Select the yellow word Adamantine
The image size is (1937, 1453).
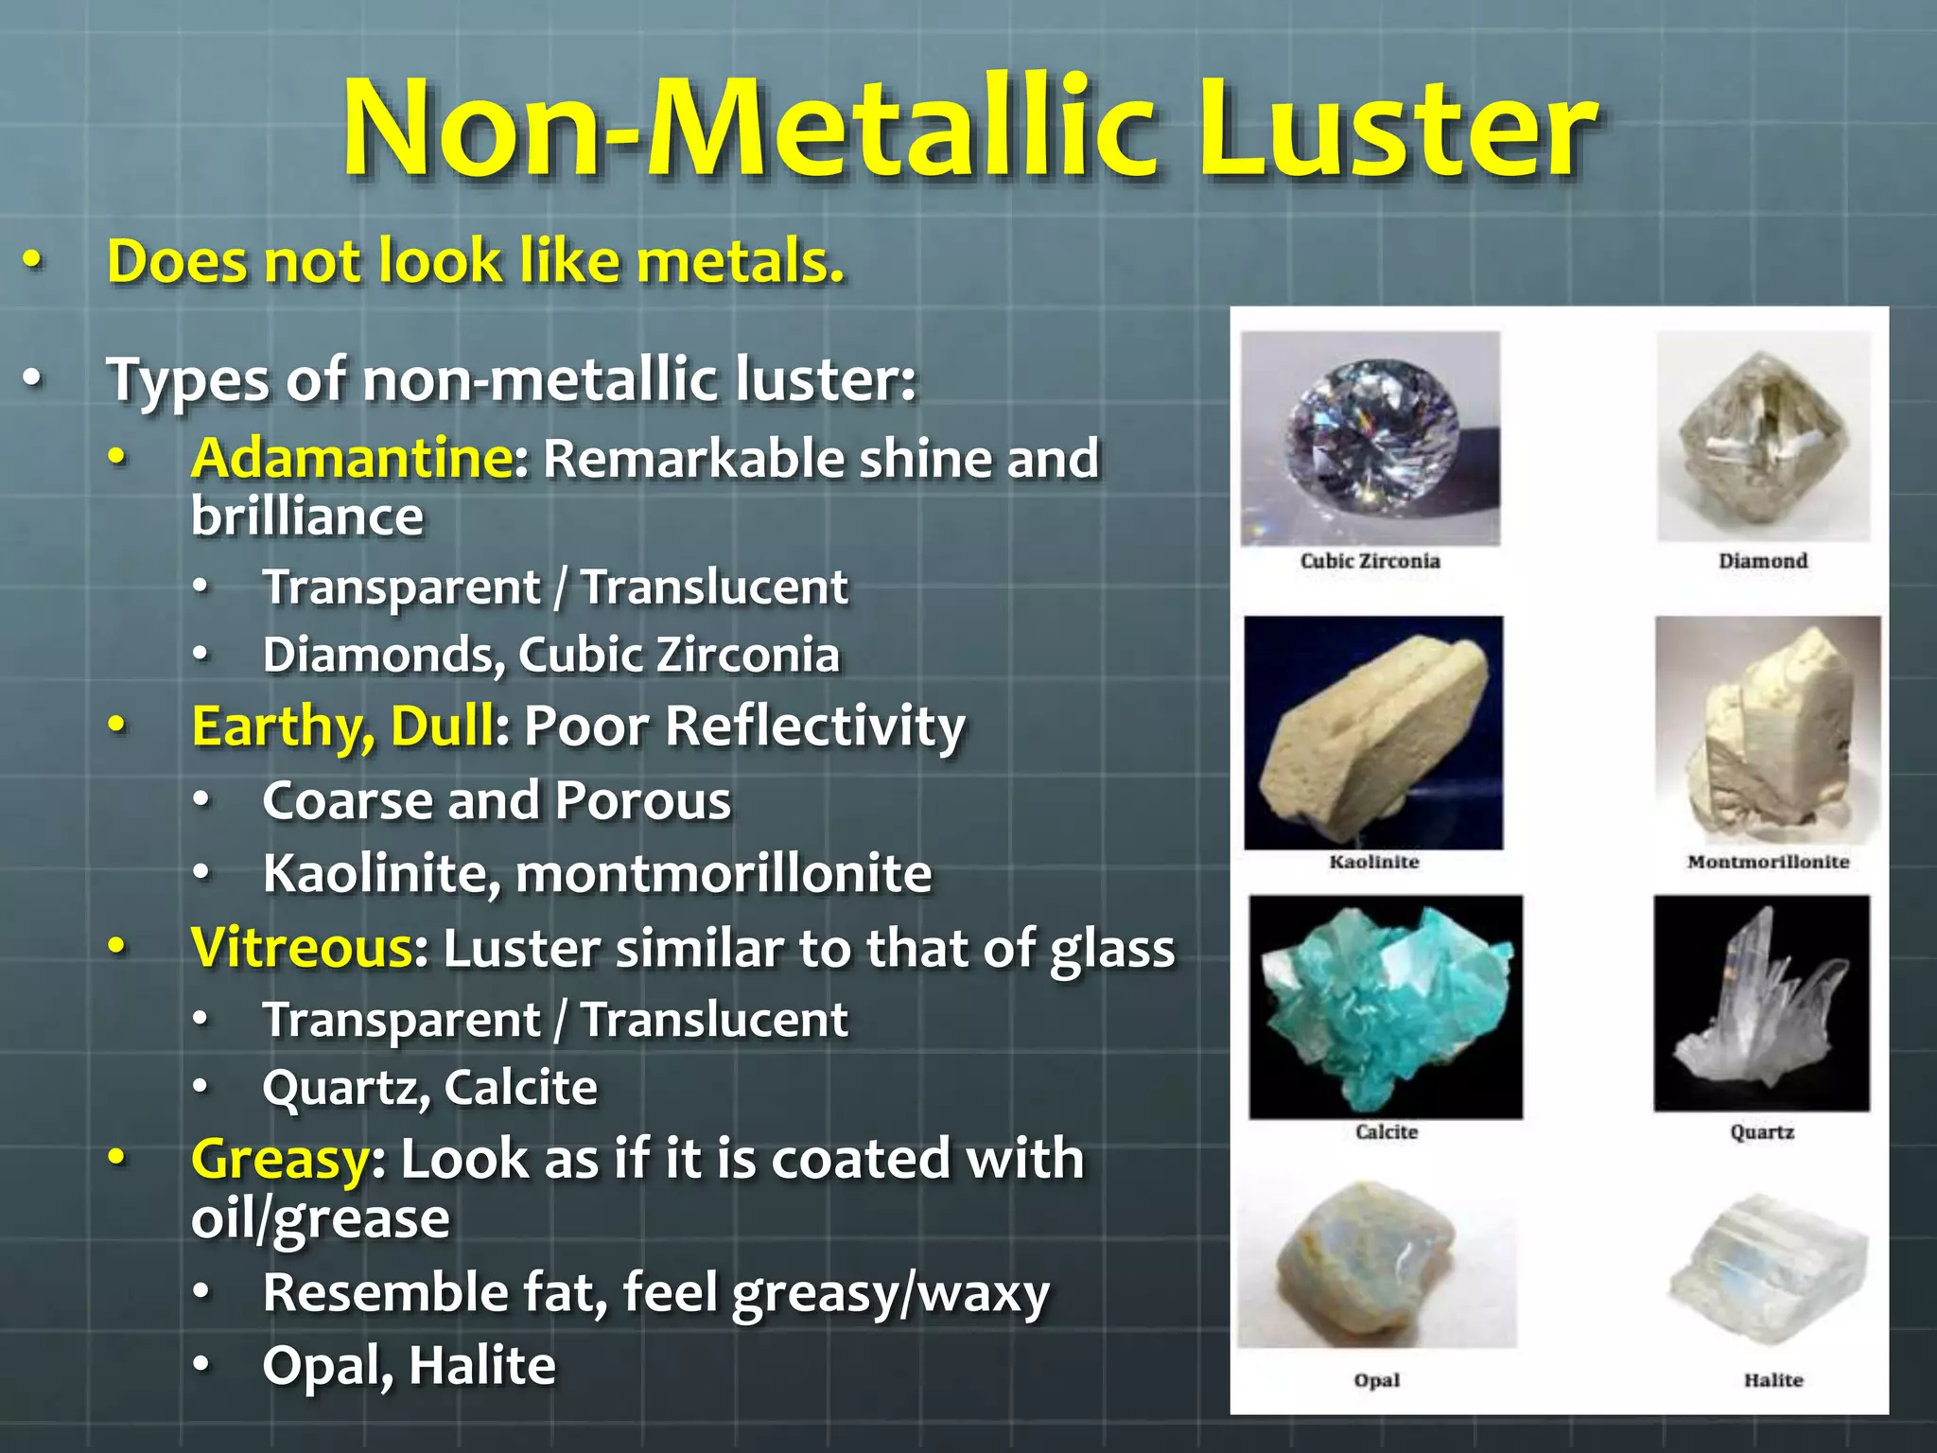(352, 459)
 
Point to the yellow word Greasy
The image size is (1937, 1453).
(280, 1159)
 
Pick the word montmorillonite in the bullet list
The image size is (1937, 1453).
(724, 873)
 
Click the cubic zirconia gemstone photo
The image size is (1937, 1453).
(1370, 438)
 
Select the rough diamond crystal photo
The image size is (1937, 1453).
(1763, 436)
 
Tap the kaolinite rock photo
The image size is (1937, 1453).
(1373, 733)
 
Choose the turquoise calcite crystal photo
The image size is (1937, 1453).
(1386, 1007)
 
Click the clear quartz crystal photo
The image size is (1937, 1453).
(1761, 1004)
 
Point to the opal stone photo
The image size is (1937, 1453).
(1376, 1266)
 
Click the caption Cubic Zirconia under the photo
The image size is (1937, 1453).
(1370, 561)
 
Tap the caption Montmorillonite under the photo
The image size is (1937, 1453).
(1768, 862)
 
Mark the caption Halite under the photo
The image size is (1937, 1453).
(1773, 1380)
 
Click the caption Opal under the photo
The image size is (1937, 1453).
(1376, 1380)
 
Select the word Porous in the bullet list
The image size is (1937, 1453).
(643, 801)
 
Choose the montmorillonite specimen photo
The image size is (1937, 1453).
(1768, 731)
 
